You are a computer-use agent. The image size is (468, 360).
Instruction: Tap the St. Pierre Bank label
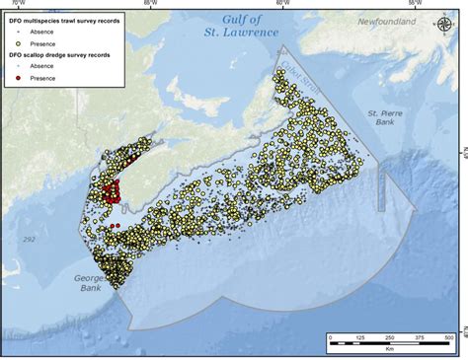coord(381,118)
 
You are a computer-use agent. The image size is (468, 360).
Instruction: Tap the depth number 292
coord(28,239)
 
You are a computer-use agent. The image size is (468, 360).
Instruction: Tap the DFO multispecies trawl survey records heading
coord(66,20)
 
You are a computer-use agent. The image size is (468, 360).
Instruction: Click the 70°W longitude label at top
coord(17,4)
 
